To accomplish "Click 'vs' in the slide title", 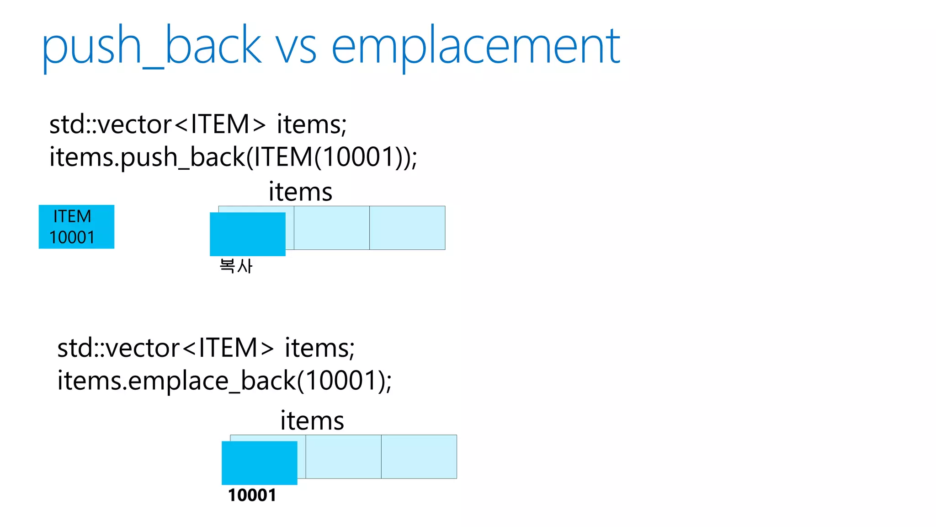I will [x=296, y=48].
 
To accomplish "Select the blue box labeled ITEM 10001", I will [x=76, y=227].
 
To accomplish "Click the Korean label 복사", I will [x=236, y=266].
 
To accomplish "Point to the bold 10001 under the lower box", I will [x=252, y=495].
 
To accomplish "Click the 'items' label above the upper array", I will [x=300, y=192].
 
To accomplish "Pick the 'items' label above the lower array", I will [x=312, y=420].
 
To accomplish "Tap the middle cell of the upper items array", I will [x=332, y=228].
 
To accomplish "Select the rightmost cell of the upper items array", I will [x=407, y=228].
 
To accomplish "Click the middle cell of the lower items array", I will [x=343, y=457].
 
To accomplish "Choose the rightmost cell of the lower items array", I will [x=419, y=457].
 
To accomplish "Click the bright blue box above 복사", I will [x=247, y=234].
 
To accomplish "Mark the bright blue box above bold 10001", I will [x=259, y=462].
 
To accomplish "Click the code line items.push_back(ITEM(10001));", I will [x=233, y=157].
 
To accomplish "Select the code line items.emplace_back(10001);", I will [x=224, y=381].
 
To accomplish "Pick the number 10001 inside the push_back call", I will [x=360, y=157].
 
